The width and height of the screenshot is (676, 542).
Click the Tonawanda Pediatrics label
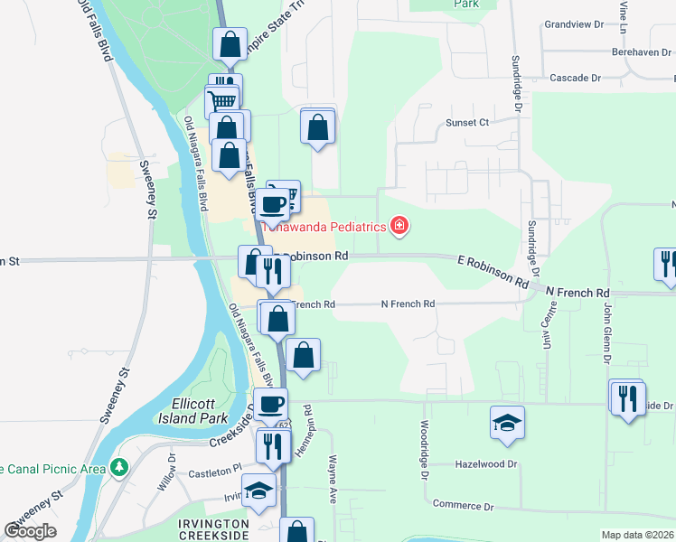click(x=322, y=227)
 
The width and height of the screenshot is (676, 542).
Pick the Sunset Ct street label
click(x=466, y=122)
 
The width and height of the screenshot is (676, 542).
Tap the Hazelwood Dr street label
click(x=486, y=464)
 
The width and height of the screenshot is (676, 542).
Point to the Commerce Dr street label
click(x=463, y=505)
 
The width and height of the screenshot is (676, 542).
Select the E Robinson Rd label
click(x=493, y=270)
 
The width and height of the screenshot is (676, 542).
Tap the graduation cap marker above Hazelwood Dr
click(x=507, y=423)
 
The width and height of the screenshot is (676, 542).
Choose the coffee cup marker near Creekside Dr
click(x=270, y=404)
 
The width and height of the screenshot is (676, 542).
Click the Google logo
click(x=31, y=530)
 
